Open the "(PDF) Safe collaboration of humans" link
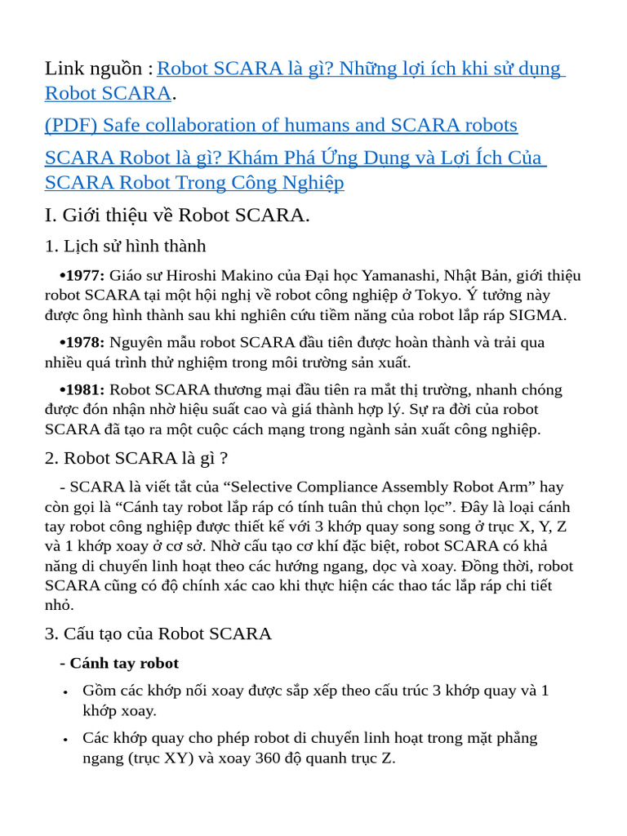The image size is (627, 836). click(x=281, y=125)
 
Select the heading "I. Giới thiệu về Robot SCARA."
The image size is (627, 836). click(x=177, y=215)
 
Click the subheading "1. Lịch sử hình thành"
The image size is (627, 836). click(x=125, y=246)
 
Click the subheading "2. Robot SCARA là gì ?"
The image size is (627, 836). click(x=136, y=458)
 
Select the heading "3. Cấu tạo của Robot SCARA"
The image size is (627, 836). click(x=158, y=634)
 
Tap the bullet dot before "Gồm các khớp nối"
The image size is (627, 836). click(x=64, y=692)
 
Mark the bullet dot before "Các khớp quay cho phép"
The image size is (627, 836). click(x=64, y=740)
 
